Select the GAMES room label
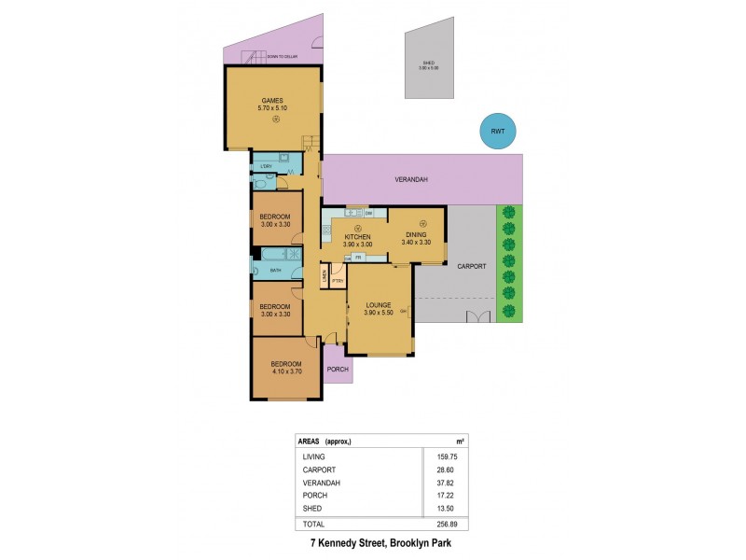pos(271,101)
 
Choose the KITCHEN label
pos(358,237)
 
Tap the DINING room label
pos(415,237)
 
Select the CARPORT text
pos(472,266)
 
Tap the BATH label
pos(276,271)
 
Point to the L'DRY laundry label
pos(266,166)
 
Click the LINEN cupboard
pos(325,275)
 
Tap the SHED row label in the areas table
pos(312,509)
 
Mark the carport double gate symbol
pos(479,315)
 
